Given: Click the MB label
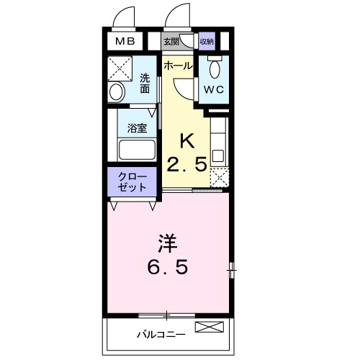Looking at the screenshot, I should pyautogui.click(x=125, y=42).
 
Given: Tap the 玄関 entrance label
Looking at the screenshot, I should pyautogui.click(x=171, y=42).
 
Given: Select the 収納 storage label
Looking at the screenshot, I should pyautogui.click(x=207, y=42).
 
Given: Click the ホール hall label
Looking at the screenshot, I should pyautogui.click(x=177, y=66).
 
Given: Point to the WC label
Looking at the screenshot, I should pyautogui.click(x=215, y=90).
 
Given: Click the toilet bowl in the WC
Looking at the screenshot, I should pyautogui.click(x=215, y=69).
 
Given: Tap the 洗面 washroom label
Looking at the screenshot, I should pyautogui.click(x=144, y=83).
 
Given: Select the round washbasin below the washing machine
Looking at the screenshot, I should pyautogui.click(x=116, y=92).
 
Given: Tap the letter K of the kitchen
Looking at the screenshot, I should pyautogui.click(x=186, y=140).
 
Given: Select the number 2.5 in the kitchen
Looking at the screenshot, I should pyautogui.click(x=186, y=163).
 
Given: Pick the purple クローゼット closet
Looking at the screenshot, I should pyautogui.click(x=132, y=181).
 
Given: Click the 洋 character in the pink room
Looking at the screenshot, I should pyautogui.click(x=168, y=243).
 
